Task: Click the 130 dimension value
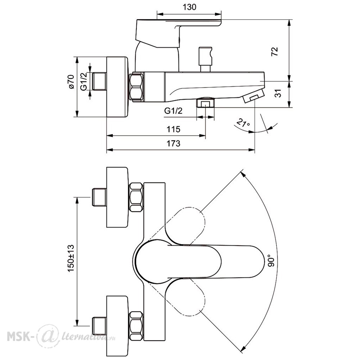[x=189, y=7]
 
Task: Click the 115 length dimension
[x=174, y=129]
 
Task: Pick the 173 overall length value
[x=174, y=144]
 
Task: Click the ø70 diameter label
[x=71, y=81]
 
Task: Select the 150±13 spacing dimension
[x=71, y=258]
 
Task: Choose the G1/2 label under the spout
[x=174, y=111]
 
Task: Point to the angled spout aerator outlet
[x=254, y=96]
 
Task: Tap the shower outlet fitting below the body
[x=205, y=103]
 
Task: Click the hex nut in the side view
[x=136, y=86]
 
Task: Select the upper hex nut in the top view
[x=136, y=197]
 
